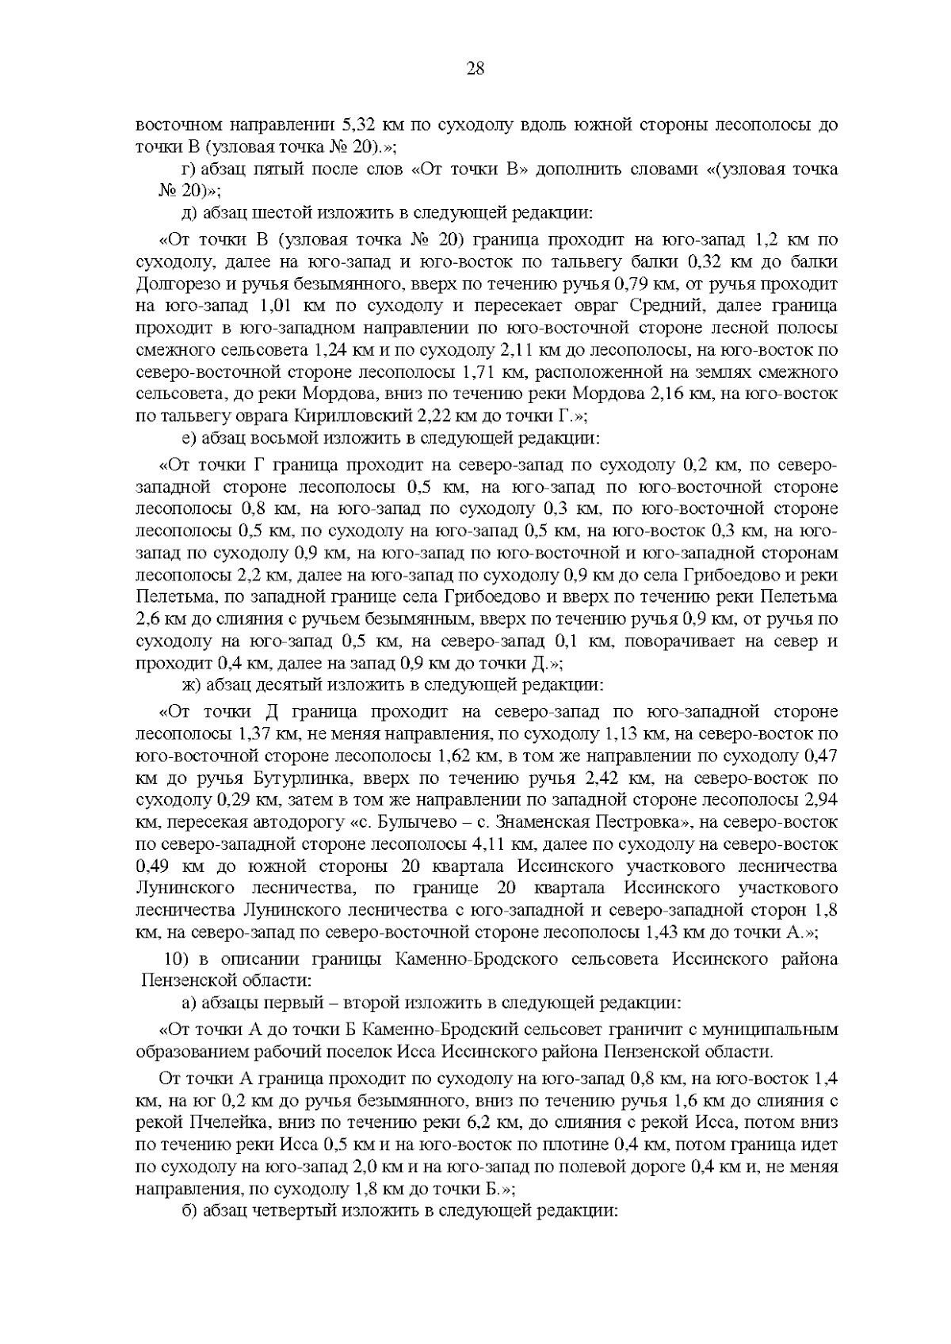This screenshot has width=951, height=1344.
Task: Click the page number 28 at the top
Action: click(x=475, y=68)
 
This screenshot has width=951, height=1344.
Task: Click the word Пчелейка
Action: click(x=225, y=1123)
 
